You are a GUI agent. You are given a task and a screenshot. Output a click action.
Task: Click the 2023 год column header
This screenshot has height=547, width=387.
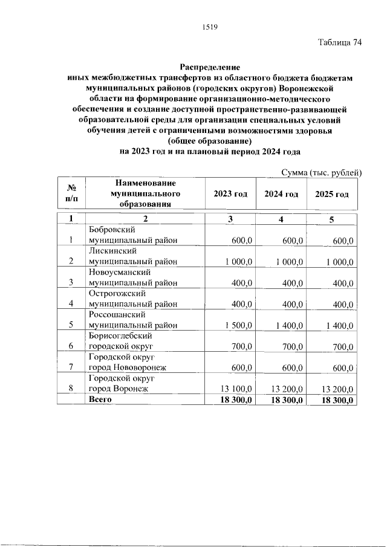(230, 194)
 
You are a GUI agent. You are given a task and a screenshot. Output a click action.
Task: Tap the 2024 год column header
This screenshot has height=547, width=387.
(282, 194)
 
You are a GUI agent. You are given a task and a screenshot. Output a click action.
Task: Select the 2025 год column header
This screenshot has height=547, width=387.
(332, 194)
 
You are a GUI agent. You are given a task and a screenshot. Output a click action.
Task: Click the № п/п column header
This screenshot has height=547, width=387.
(71, 194)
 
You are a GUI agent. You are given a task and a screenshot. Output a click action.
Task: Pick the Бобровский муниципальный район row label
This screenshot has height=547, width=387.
(133, 235)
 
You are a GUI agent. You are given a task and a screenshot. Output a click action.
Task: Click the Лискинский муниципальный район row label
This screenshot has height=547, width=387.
(133, 256)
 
